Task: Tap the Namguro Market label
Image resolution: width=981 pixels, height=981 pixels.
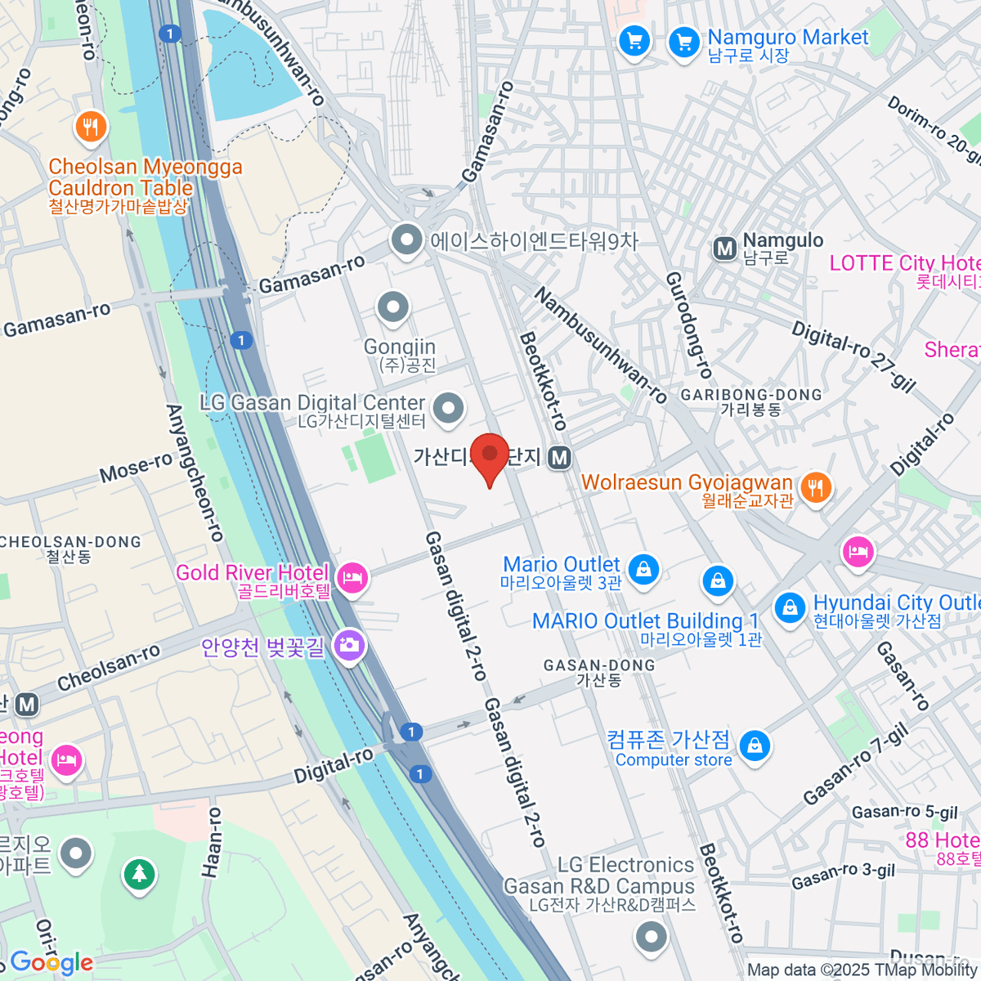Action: pyautogui.click(x=787, y=38)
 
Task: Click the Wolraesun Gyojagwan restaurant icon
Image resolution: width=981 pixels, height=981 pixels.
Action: pyautogui.click(x=815, y=487)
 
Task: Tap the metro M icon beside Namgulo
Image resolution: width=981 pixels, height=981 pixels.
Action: pyautogui.click(x=724, y=249)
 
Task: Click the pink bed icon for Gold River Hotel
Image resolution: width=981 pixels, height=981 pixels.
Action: pyautogui.click(x=352, y=579)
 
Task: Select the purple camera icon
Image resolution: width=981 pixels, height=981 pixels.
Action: pyautogui.click(x=349, y=646)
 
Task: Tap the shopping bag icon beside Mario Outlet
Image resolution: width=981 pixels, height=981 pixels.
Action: pyautogui.click(x=643, y=569)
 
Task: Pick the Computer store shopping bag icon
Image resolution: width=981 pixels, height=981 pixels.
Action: pyautogui.click(x=754, y=746)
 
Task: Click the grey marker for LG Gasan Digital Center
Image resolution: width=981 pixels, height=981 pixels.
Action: pyautogui.click(x=448, y=408)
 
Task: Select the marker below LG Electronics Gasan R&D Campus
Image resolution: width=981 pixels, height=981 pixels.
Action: pyautogui.click(x=651, y=937)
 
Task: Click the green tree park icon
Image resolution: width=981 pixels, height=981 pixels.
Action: pyautogui.click(x=140, y=875)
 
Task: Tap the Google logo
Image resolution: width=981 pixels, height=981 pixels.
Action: pyautogui.click(x=51, y=962)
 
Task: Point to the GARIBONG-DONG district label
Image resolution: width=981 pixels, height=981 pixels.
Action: pyautogui.click(x=751, y=395)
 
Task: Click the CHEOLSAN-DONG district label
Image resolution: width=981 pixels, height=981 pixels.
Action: pyautogui.click(x=70, y=542)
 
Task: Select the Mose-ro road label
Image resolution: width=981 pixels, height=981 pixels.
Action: pyautogui.click(x=136, y=468)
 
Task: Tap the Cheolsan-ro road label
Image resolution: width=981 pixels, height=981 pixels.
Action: pyautogui.click(x=109, y=668)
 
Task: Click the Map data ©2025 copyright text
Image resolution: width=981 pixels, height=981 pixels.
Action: pyautogui.click(x=862, y=970)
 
